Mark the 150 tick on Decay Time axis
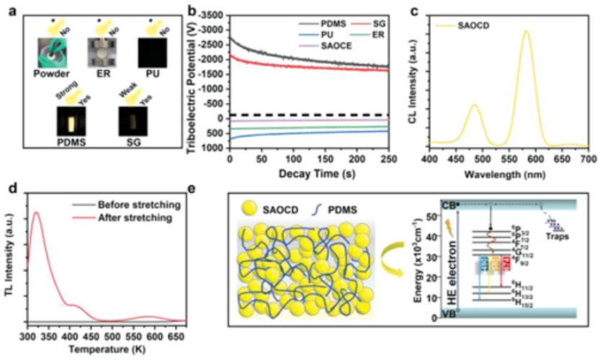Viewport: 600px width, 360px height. (326, 160)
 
